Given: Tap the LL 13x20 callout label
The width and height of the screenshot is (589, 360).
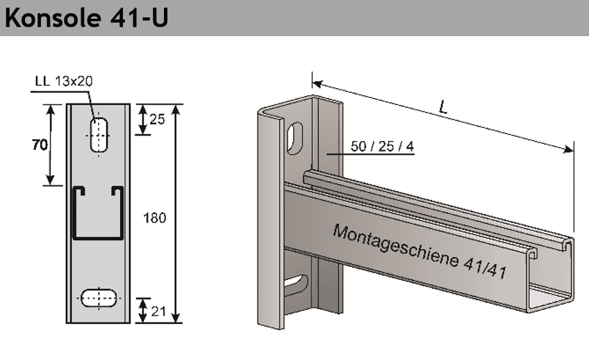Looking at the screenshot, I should [63, 81].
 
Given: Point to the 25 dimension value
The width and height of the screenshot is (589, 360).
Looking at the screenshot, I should [157, 120].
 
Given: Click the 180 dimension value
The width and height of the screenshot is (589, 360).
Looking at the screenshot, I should [154, 218].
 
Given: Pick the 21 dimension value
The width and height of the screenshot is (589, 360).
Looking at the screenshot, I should [157, 311].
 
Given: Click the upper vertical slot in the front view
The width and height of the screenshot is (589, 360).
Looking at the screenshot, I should [100, 134].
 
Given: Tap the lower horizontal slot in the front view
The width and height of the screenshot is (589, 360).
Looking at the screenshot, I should [100, 297].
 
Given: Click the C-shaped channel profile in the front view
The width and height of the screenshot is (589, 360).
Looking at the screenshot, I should [99, 213].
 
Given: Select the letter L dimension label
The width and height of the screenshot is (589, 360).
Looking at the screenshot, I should [442, 108].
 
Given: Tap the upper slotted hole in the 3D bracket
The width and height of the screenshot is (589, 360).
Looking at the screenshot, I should [295, 138].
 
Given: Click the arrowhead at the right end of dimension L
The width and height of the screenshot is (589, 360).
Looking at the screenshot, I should [571, 148].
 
